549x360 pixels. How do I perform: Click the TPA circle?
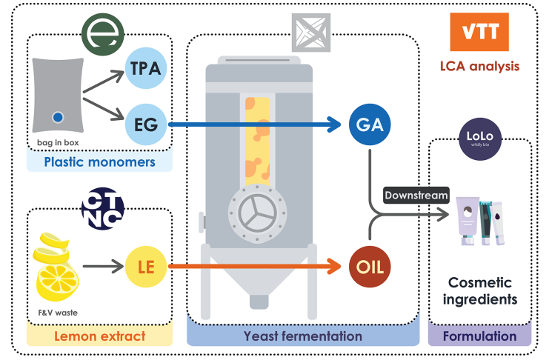click(x=147, y=69)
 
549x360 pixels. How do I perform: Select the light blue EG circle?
click(x=147, y=121)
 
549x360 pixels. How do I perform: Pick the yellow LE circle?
click(x=147, y=266)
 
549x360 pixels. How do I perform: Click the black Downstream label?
click(x=416, y=195)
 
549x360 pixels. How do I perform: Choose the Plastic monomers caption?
click(x=99, y=161)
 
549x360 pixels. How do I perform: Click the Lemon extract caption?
click(x=99, y=336)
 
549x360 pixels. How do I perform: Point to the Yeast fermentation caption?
click(x=304, y=336)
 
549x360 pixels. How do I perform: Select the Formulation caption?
click(x=480, y=336)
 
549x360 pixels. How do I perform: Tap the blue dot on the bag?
click(x=58, y=117)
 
